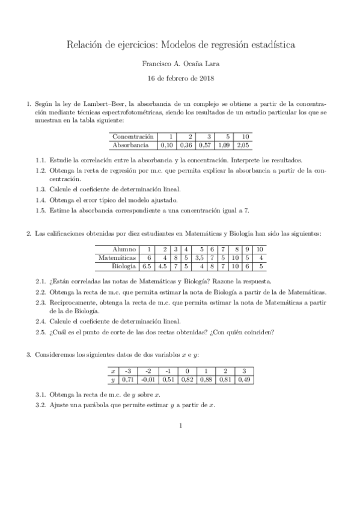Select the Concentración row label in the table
pos(133,137)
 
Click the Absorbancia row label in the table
pos(130,145)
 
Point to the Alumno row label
pos(124,249)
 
